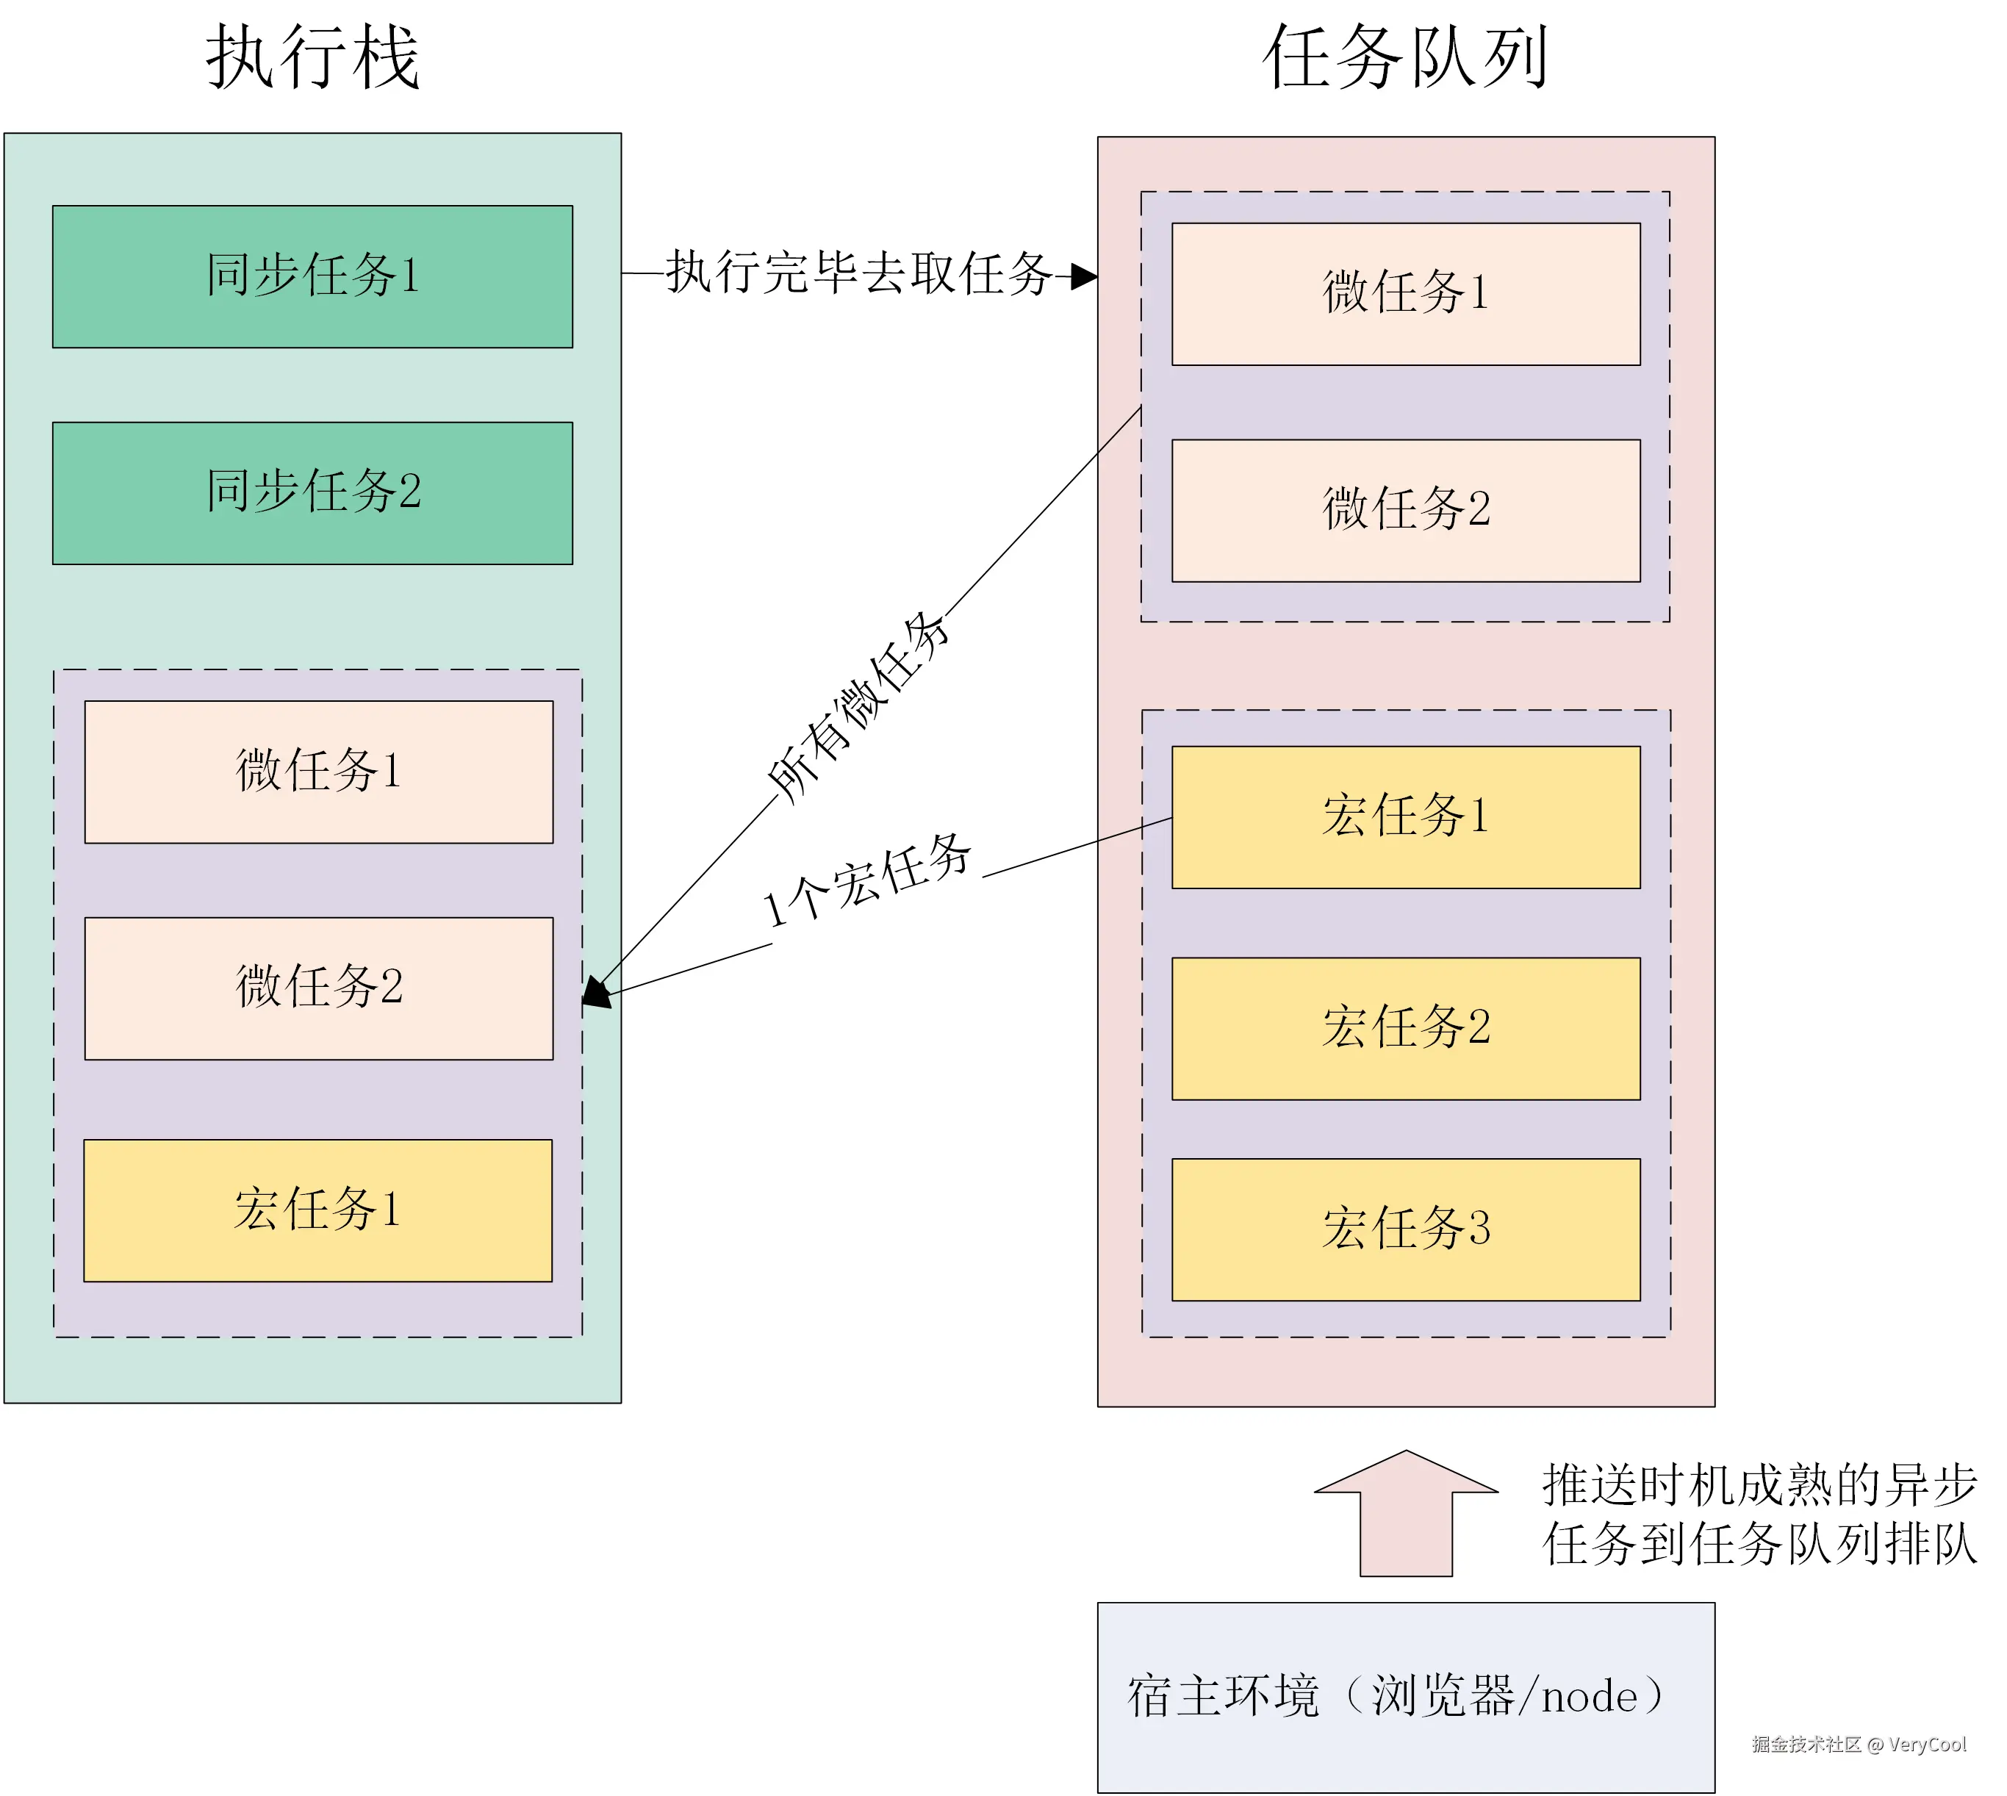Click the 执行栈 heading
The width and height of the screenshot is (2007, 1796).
(313, 58)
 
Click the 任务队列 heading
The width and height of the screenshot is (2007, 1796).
(1405, 58)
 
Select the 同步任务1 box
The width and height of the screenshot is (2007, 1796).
(313, 276)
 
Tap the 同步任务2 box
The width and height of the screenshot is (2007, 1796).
(313, 492)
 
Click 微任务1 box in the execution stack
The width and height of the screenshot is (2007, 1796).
(319, 772)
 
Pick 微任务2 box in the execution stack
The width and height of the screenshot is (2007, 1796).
(319, 988)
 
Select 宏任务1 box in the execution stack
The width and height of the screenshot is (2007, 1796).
(317, 1210)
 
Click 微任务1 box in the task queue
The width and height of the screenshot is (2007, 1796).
(1405, 294)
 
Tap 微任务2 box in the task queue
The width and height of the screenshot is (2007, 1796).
(1405, 510)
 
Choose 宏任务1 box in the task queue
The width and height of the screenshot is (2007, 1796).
(1405, 817)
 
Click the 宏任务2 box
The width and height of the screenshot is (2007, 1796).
(1405, 1028)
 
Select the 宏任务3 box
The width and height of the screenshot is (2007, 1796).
(1405, 1229)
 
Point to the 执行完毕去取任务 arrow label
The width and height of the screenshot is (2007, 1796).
(858, 273)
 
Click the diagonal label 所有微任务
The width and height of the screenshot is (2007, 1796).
(858, 706)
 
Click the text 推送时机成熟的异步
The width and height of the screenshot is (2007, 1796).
(1759, 1485)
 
